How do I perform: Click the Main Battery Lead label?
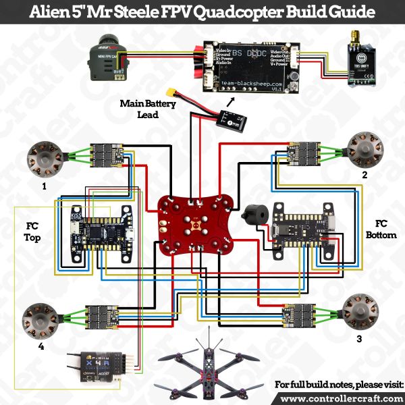click(x=148, y=109)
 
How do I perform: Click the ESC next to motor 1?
click(x=107, y=155)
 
